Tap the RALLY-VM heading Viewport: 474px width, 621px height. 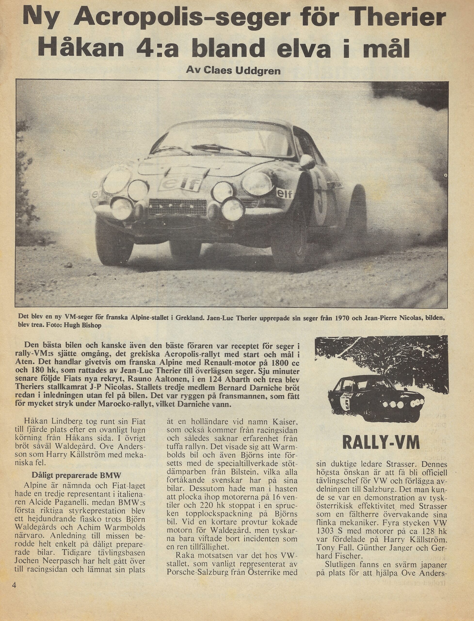[x=381, y=443]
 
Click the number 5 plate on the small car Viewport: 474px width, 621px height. [x=347, y=405]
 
